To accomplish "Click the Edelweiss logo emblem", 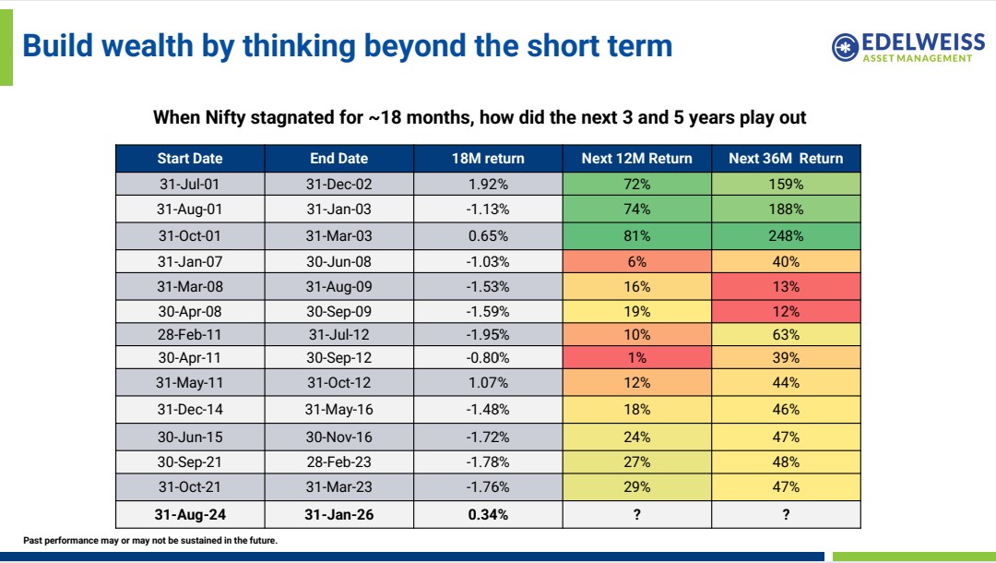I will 845,47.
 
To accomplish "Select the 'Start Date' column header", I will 190,158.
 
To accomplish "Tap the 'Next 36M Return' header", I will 786,158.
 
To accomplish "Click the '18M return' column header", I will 488,158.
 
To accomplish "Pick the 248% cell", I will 786,235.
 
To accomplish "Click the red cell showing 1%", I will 636,357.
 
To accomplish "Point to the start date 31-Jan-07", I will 190,261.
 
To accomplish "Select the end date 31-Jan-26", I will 338,515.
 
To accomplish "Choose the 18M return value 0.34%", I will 488,515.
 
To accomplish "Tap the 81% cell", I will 636,235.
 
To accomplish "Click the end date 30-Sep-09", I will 338,311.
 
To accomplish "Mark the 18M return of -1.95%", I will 488,334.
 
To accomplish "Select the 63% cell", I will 786,334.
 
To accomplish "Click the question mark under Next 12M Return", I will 636,515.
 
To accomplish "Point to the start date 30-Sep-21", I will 190,461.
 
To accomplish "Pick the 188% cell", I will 786,210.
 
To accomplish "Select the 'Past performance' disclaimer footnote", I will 150,541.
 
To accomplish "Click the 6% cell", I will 636,261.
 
